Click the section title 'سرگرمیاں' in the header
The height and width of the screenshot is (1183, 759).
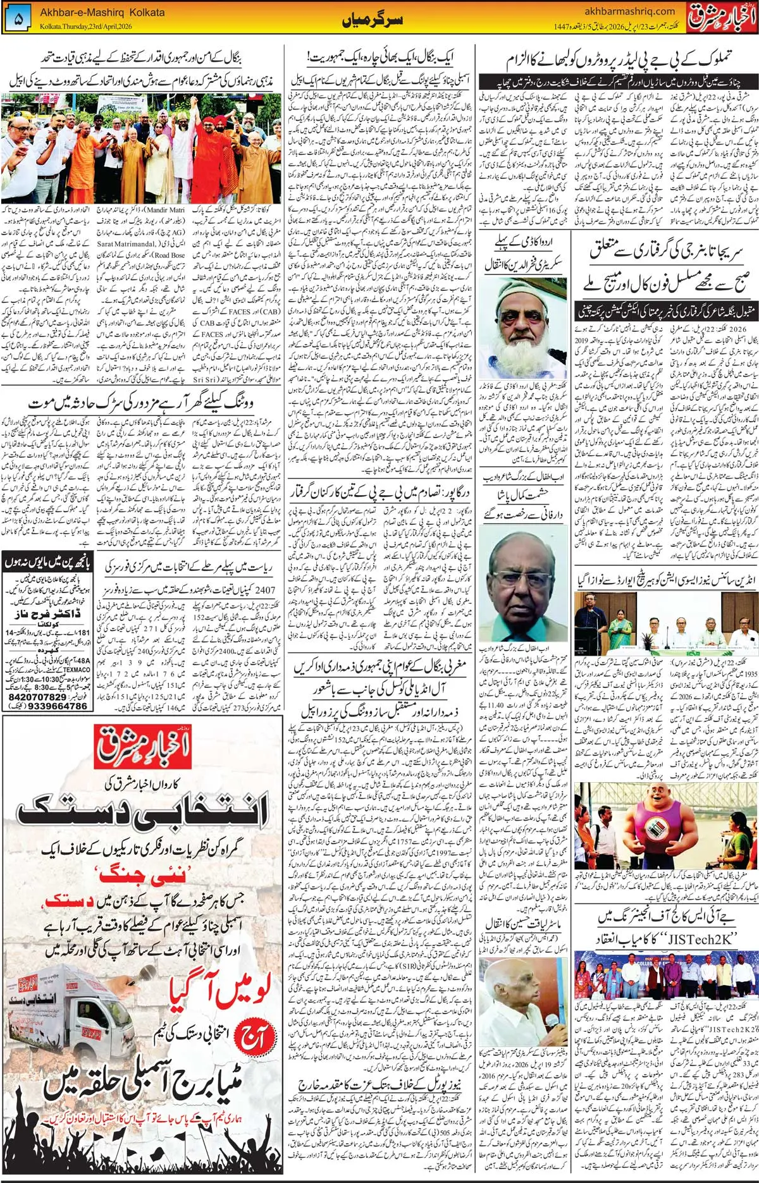click(363, 21)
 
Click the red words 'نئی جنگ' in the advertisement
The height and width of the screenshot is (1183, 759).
click(142, 876)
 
